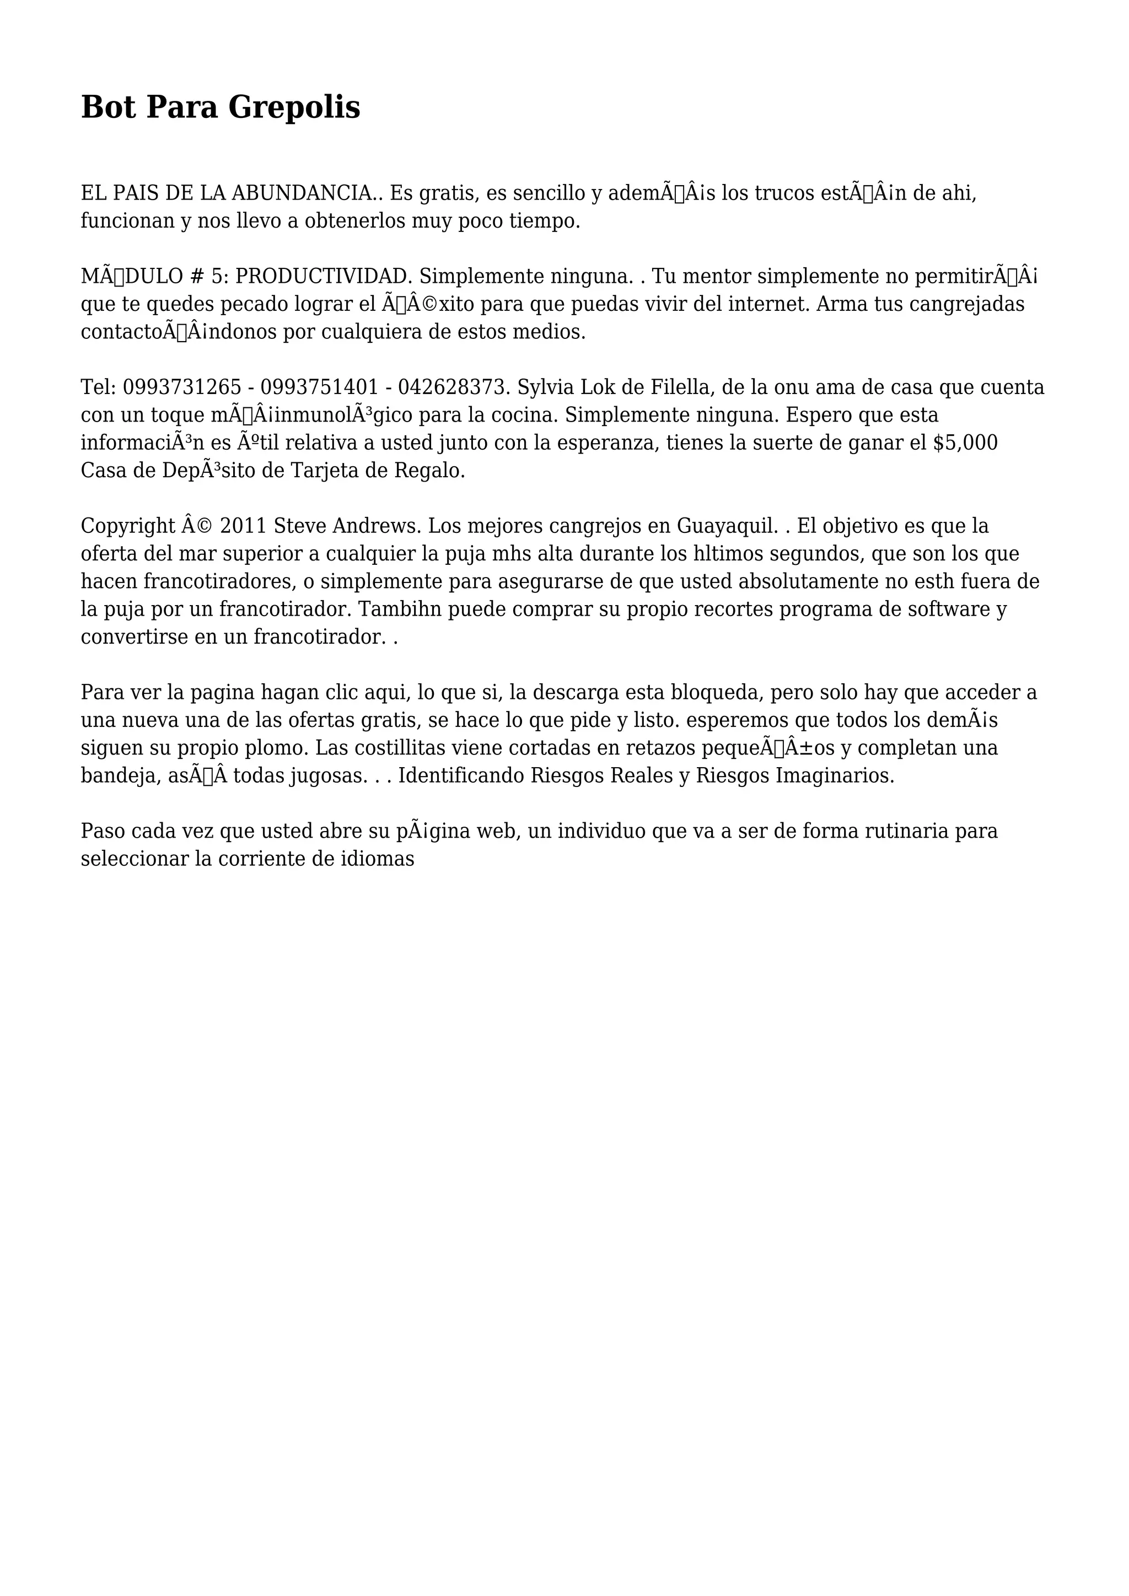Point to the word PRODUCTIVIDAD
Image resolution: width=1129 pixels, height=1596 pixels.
point(325,276)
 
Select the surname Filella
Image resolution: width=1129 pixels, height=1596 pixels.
point(668,387)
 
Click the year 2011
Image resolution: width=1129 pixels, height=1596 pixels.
point(243,526)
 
